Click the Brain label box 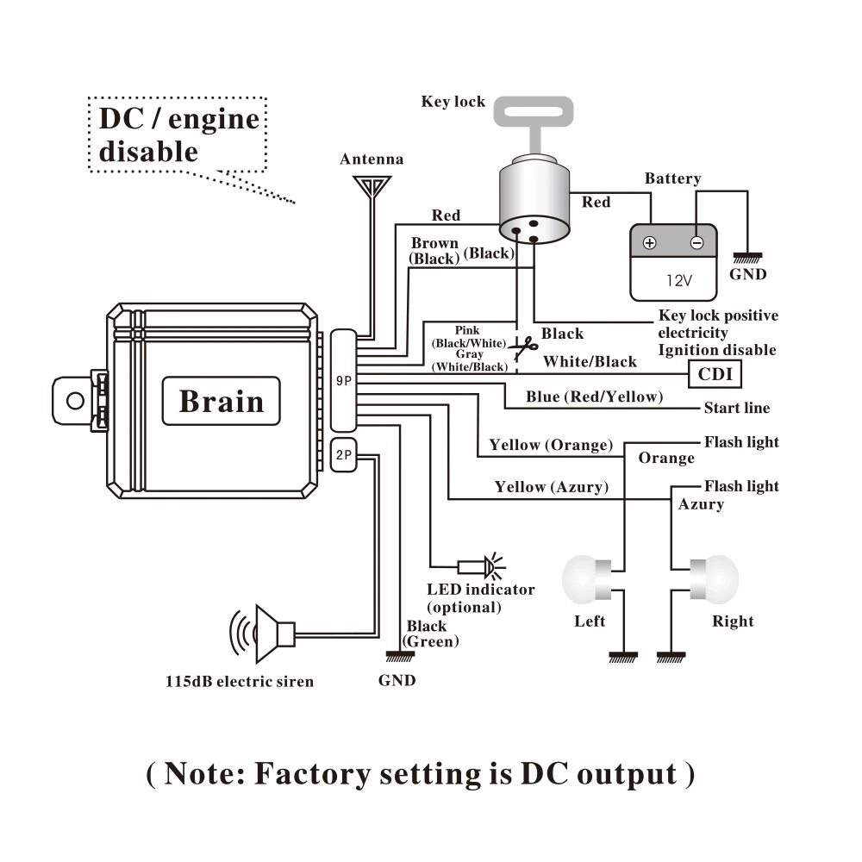pos(221,401)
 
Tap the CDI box pos(715,374)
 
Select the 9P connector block pos(344,380)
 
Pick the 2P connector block pos(344,454)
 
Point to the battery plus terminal pos(649,242)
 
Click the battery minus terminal pos(696,242)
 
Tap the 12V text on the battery pos(679,281)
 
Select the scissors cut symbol pos(523,347)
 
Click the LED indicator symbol pos(482,566)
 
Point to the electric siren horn pos(263,634)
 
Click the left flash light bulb pos(586,579)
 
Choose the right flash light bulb pos(714,579)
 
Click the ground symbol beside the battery pos(747,258)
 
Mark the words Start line pos(737,408)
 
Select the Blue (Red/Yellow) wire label pos(594,397)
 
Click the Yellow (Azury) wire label pos(552,487)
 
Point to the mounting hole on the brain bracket pos(75,401)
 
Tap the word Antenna pos(372,159)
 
